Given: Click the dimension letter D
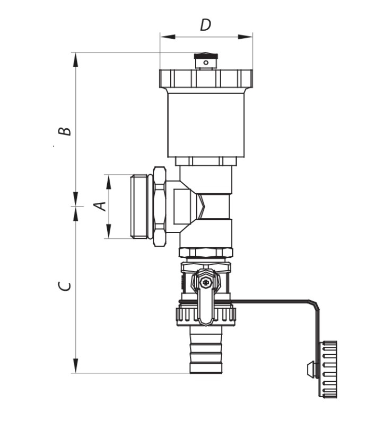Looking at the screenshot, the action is [206, 25].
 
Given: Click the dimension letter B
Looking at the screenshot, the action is [65, 131].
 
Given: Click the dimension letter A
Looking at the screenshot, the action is [100, 206].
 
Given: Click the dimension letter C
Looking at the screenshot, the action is [65, 286].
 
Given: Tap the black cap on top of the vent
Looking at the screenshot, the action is [206, 56].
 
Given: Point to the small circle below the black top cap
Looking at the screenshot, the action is [206, 63].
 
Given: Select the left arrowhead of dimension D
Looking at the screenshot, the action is [168, 37].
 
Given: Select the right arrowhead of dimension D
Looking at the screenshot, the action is [245, 37].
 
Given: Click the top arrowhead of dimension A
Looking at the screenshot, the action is [109, 182].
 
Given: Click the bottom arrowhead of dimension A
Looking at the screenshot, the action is [109, 231].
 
